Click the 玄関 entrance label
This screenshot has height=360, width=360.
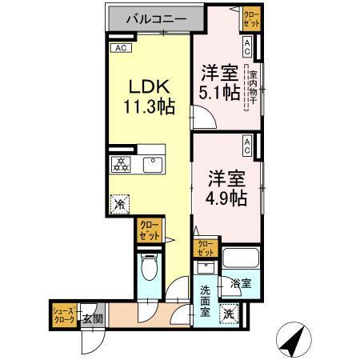tap(92, 318)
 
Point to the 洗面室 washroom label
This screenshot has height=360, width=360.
tap(206, 301)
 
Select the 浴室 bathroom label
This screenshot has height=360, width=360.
tap(241, 283)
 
